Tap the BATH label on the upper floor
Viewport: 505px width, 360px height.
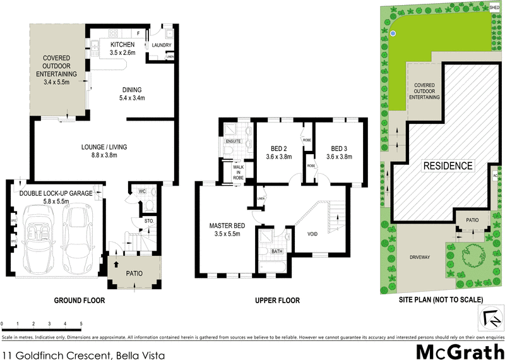click(275, 251)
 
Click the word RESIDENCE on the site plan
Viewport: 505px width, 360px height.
click(448, 166)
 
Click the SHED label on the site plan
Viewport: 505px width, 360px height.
click(494, 7)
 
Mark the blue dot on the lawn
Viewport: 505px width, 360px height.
click(392, 33)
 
